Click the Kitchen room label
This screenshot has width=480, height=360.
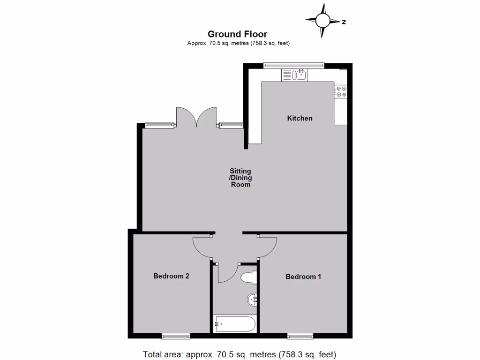tap(300, 118)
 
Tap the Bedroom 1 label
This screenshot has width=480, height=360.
tap(303, 277)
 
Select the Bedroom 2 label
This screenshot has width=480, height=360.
tap(171, 276)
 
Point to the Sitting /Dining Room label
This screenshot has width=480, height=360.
tap(240, 178)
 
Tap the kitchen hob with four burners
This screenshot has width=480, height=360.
tap(341, 91)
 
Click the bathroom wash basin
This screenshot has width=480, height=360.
tap(252, 299)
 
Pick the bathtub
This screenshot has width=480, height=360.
tap(234, 324)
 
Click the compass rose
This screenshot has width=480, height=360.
tap(322, 21)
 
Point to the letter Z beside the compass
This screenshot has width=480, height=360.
tap(344, 22)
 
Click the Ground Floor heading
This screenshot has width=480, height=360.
tap(237, 34)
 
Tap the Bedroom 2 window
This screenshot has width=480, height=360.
tap(176, 336)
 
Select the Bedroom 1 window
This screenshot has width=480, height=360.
tap(300, 336)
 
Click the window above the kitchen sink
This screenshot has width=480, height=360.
tap(293, 65)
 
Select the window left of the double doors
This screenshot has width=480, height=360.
tap(159, 125)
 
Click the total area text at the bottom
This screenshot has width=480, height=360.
tap(240, 354)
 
